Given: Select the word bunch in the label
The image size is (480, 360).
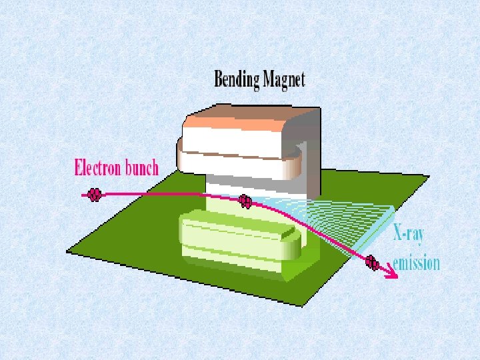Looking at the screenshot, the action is (x=141, y=167).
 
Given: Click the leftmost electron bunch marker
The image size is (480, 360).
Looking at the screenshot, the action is (x=95, y=195).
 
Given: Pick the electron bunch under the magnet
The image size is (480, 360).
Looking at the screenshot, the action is (x=245, y=200).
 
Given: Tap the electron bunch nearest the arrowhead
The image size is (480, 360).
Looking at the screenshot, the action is (x=373, y=265).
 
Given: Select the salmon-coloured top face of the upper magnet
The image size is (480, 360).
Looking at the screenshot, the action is (x=247, y=120).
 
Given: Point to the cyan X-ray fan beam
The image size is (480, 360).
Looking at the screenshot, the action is (x=347, y=220).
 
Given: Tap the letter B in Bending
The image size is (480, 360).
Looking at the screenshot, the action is (x=219, y=80).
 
